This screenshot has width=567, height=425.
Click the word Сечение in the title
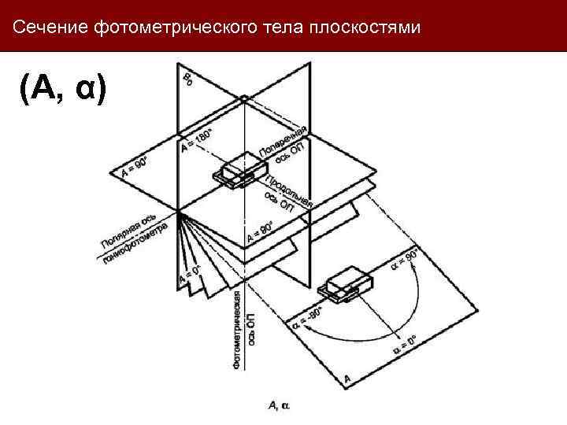(50, 28)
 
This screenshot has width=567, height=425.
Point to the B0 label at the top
(188, 79)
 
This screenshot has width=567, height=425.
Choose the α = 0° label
(403, 345)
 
